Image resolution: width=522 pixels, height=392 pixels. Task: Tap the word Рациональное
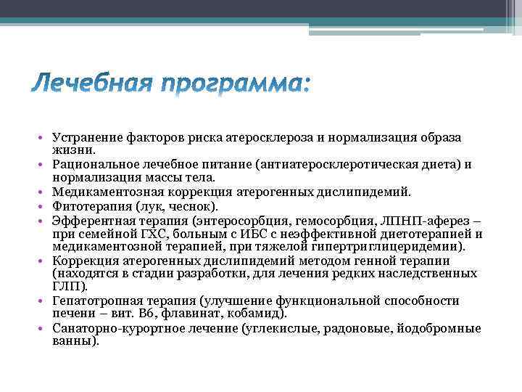click(x=94, y=164)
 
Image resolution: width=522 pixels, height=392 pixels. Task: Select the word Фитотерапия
click(x=86, y=205)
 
